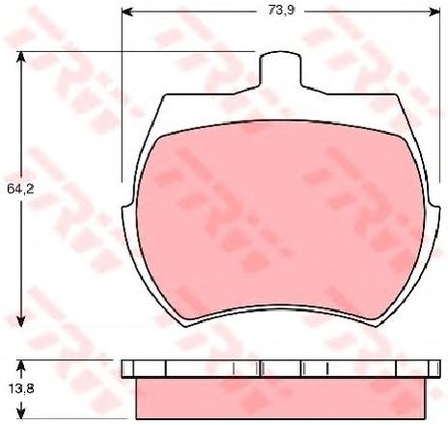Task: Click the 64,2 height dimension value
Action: click(x=20, y=189)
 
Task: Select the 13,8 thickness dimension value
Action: click(x=20, y=388)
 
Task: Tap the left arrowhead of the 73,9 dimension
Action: click(x=127, y=12)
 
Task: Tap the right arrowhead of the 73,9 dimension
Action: click(x=434, y=12)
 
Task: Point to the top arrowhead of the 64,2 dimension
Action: click(x=21, y=57)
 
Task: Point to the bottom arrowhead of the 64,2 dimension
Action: click(x=21, y=321)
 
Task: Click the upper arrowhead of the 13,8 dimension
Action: click(x=21, y=365)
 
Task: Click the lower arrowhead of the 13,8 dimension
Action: click(x=21, y=413)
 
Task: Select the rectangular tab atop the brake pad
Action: click(x=281, y=69)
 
